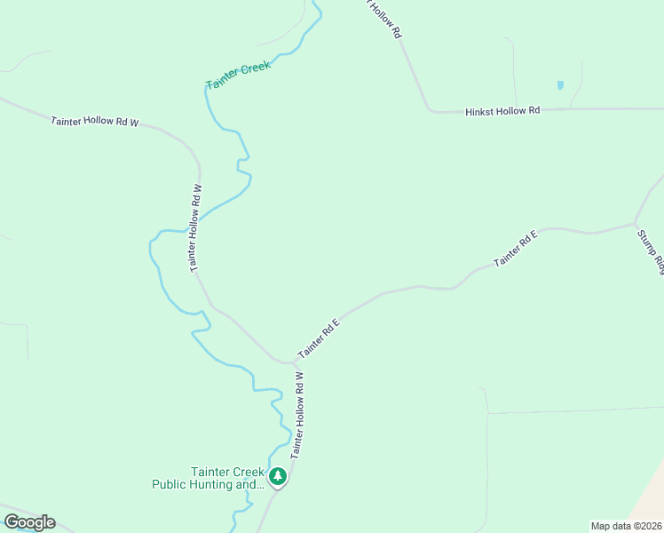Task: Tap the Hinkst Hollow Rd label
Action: [x=502, y=111]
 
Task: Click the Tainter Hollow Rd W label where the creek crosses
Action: [x=196, y=227]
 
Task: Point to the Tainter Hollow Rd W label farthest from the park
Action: [x=95, y=122]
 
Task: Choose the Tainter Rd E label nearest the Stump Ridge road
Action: [x=516, y=249]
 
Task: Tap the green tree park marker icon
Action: [x=279, y=477]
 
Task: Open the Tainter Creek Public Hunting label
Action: [x=209, y=478]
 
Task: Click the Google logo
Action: [x=29, y=522]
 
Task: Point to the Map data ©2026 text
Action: [x=626, y=526]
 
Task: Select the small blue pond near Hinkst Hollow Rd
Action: [x=559, y=85]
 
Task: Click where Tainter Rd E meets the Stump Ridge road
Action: [x=635, y=222]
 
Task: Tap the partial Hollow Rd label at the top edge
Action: [x=387, y=18]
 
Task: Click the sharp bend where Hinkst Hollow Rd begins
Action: [x=431, y=111]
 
